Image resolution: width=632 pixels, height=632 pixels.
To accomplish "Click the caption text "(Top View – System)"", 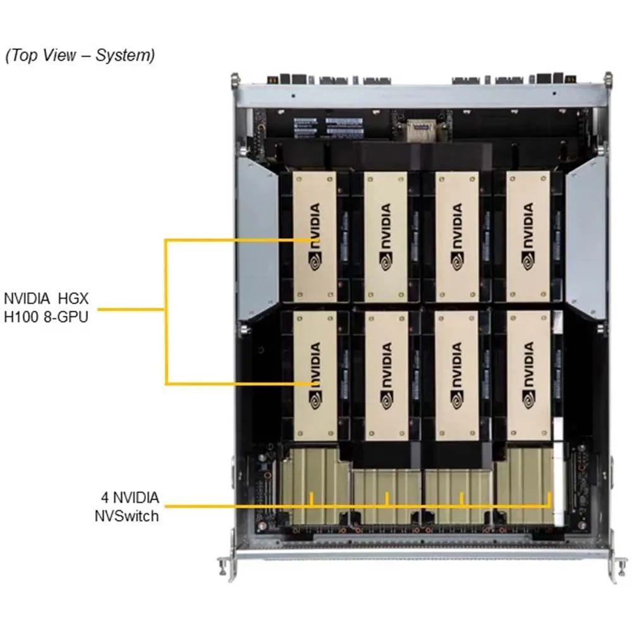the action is point(80,56).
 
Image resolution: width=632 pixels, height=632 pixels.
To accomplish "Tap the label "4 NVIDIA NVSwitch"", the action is point(129,506).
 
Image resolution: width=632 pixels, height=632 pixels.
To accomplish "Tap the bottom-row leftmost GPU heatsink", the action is point(315,375).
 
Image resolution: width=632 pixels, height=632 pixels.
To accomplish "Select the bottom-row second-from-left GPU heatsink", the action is point(386,375).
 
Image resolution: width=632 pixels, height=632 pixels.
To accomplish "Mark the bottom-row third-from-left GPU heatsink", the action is point(457,375).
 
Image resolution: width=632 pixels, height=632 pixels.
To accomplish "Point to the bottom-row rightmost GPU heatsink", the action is point(528,375).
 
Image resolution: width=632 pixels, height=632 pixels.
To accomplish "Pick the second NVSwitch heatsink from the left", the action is point(386,497).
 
